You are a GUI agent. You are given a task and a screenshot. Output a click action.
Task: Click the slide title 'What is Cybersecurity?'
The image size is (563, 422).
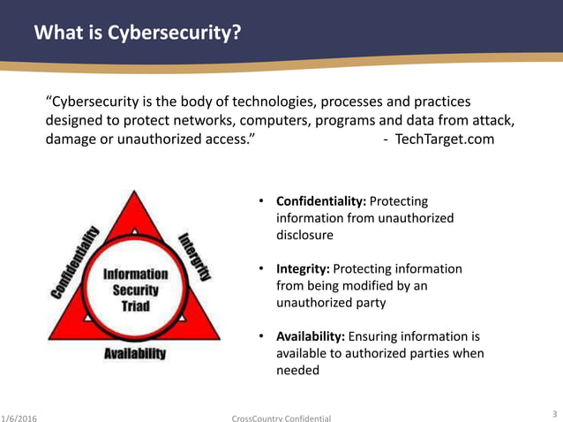tap(137, 34)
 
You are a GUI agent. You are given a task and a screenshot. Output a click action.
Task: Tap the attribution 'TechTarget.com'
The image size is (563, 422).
tap(445, 139)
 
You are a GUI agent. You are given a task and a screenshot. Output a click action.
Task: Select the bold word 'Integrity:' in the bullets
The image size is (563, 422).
tap(304, 268)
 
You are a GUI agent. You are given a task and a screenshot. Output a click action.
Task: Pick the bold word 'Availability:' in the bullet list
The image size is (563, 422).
tap(312, 336)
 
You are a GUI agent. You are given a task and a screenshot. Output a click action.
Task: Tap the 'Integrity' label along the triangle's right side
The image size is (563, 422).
tap(195, 255)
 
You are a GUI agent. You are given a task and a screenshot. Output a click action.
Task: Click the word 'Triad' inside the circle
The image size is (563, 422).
tap(135, 305)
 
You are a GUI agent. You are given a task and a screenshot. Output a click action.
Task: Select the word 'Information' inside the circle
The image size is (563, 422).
tap(135, 274)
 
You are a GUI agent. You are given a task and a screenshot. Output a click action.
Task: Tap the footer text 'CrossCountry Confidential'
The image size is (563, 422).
tap(281, 416)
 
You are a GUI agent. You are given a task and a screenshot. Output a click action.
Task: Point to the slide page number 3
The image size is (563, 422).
tap(553, 411)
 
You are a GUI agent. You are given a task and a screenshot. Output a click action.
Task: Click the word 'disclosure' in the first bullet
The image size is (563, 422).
tap(304, 235)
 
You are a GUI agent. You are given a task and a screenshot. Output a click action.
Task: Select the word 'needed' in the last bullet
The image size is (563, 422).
tap(297, 371)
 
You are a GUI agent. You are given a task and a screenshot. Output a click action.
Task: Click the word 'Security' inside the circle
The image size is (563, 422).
tap(135, 290)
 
